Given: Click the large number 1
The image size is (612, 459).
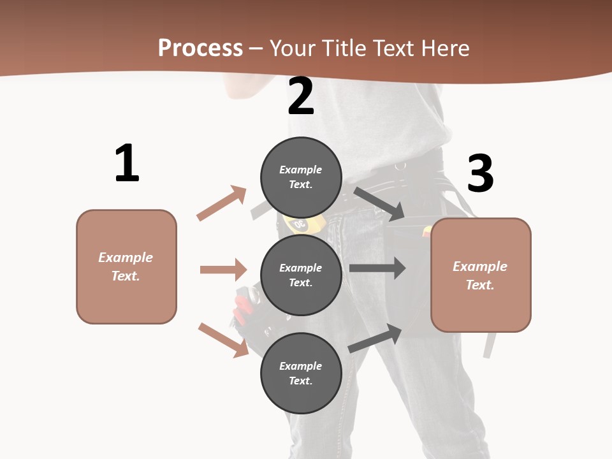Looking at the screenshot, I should (x=127, y=164).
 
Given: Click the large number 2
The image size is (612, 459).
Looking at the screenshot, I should (x=301, y=97).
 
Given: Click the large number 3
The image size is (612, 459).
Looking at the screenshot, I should (x=480, y=174).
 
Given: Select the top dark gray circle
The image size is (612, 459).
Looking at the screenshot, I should (x=301, y=177).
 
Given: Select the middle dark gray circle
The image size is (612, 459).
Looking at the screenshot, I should (x=301, y=275).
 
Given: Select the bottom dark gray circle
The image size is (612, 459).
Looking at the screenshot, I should (x=301, y=373).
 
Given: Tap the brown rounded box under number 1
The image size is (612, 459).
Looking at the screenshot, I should (x=126, y=266).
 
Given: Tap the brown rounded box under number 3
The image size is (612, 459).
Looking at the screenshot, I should (x=481, y=275).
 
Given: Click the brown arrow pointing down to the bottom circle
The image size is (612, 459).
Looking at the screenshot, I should (x=224, y=340).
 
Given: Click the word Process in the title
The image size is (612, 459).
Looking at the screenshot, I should (x=200, y=48).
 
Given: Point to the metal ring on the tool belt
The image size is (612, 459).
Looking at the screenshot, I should (x=400, y=166).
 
